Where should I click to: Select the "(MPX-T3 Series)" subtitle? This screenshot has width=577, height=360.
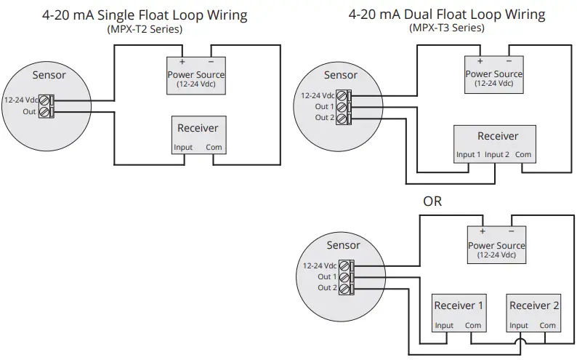446,28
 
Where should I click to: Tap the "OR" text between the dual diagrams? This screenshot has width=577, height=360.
432,201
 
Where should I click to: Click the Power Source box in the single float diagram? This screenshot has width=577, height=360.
196,74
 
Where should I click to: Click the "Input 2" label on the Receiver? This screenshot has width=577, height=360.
497,154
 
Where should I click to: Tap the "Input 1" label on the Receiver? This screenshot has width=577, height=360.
468,154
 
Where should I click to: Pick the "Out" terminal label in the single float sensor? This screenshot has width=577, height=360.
29,112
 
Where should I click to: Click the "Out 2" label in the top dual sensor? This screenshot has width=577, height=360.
325,118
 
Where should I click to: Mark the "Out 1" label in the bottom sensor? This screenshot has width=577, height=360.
327,277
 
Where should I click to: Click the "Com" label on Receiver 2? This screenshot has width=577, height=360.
547,326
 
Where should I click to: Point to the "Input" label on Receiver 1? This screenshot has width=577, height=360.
444,326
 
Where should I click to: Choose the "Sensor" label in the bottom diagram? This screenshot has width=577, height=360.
343,246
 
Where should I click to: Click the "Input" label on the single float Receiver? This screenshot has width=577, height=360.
183,148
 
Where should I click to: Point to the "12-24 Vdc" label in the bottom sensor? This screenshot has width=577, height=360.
320,266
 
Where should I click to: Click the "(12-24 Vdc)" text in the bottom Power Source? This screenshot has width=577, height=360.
496,255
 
